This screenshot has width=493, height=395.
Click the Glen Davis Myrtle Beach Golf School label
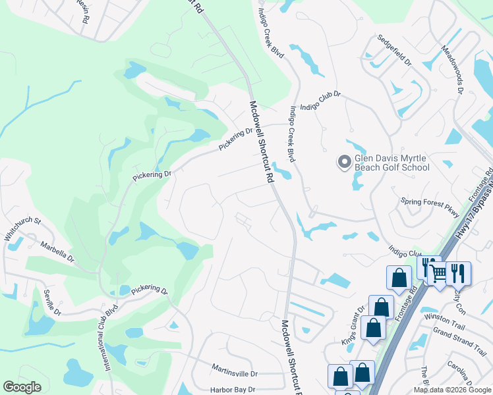pyautogui.click(x=392, y=163)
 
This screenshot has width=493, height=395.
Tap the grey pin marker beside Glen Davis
pyautogui.click(x=344, y=161)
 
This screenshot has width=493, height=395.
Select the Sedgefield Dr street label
pyautogui.click(x=393, y=51)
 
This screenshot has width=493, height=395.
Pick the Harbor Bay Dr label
pyautogui.click(x=231, y=390)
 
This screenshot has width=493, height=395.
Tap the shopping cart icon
pyautogui.click(x=438, y=273)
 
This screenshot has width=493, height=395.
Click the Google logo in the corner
pyautogui.click(x=22, y=387)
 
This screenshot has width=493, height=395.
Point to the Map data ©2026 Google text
pyautogui.click(x=452, y=390)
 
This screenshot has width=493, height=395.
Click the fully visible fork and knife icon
pyautogui.click(x=459, y=273)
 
